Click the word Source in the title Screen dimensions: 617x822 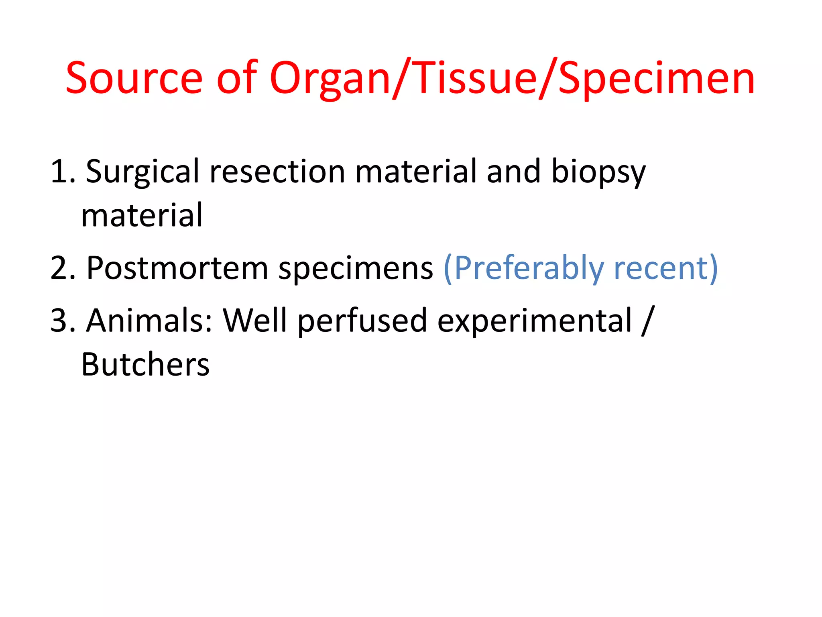point(134,78)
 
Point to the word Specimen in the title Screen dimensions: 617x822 point(657,78)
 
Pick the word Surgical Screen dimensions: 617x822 point(142,172)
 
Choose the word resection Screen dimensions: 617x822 point(277,172)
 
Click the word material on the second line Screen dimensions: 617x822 point(142,216)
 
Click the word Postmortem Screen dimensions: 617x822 point(177,268)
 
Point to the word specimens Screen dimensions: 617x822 point(356,268)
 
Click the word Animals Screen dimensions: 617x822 point(149,321)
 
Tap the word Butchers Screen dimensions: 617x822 point(145,364)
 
